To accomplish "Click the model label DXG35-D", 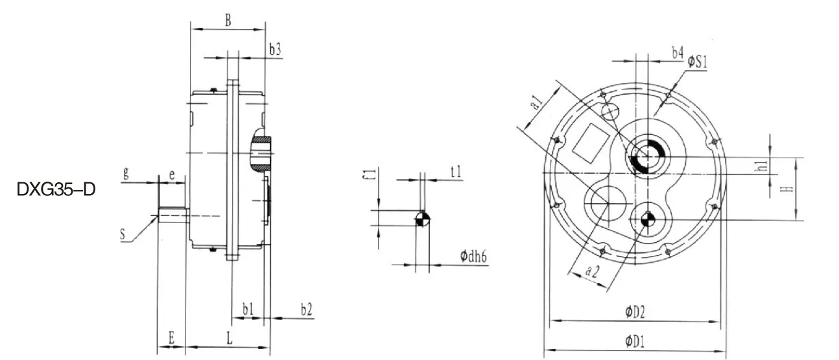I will pos(56,191).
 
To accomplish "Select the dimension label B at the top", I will pos(228,20).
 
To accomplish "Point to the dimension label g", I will pos(126,173).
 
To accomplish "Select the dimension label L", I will pos(230,337).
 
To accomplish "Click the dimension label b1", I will pos(248,310).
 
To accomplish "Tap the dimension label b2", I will pos(307,310).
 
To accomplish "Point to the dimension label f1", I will pos(367,175).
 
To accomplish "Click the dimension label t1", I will pos(456,172).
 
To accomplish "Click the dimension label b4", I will pos(677,52).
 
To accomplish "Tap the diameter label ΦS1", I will pos(698,62).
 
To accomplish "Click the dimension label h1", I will pos(763,165).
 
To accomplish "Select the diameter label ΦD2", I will pos(635,312).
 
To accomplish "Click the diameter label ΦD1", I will pos(635,340).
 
